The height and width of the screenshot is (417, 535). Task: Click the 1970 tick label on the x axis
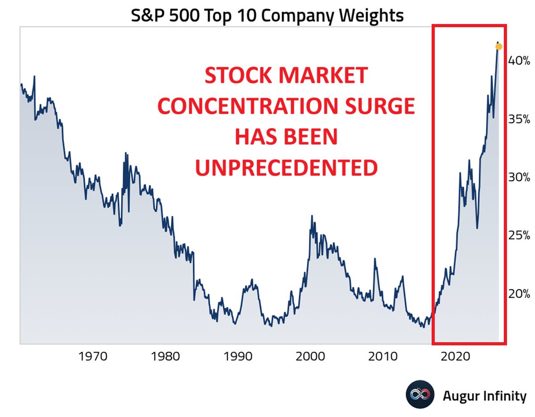[x=93, y=356]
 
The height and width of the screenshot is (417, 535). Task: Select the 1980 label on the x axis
[x=165, y=356]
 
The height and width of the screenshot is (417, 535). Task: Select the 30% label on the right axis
[x=519, y=177]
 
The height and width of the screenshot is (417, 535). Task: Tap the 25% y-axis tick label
[x=519, y=235]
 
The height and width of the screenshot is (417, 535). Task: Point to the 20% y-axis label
[x=519, y=294]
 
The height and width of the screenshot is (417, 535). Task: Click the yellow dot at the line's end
[x=499, y=47]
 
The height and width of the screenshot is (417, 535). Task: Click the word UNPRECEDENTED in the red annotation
[x=286, y=168]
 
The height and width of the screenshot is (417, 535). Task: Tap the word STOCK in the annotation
[x=236, y=76]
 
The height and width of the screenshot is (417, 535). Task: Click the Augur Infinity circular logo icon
[x=420, y=395]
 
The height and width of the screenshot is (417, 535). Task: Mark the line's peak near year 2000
[x=312, y=216]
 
